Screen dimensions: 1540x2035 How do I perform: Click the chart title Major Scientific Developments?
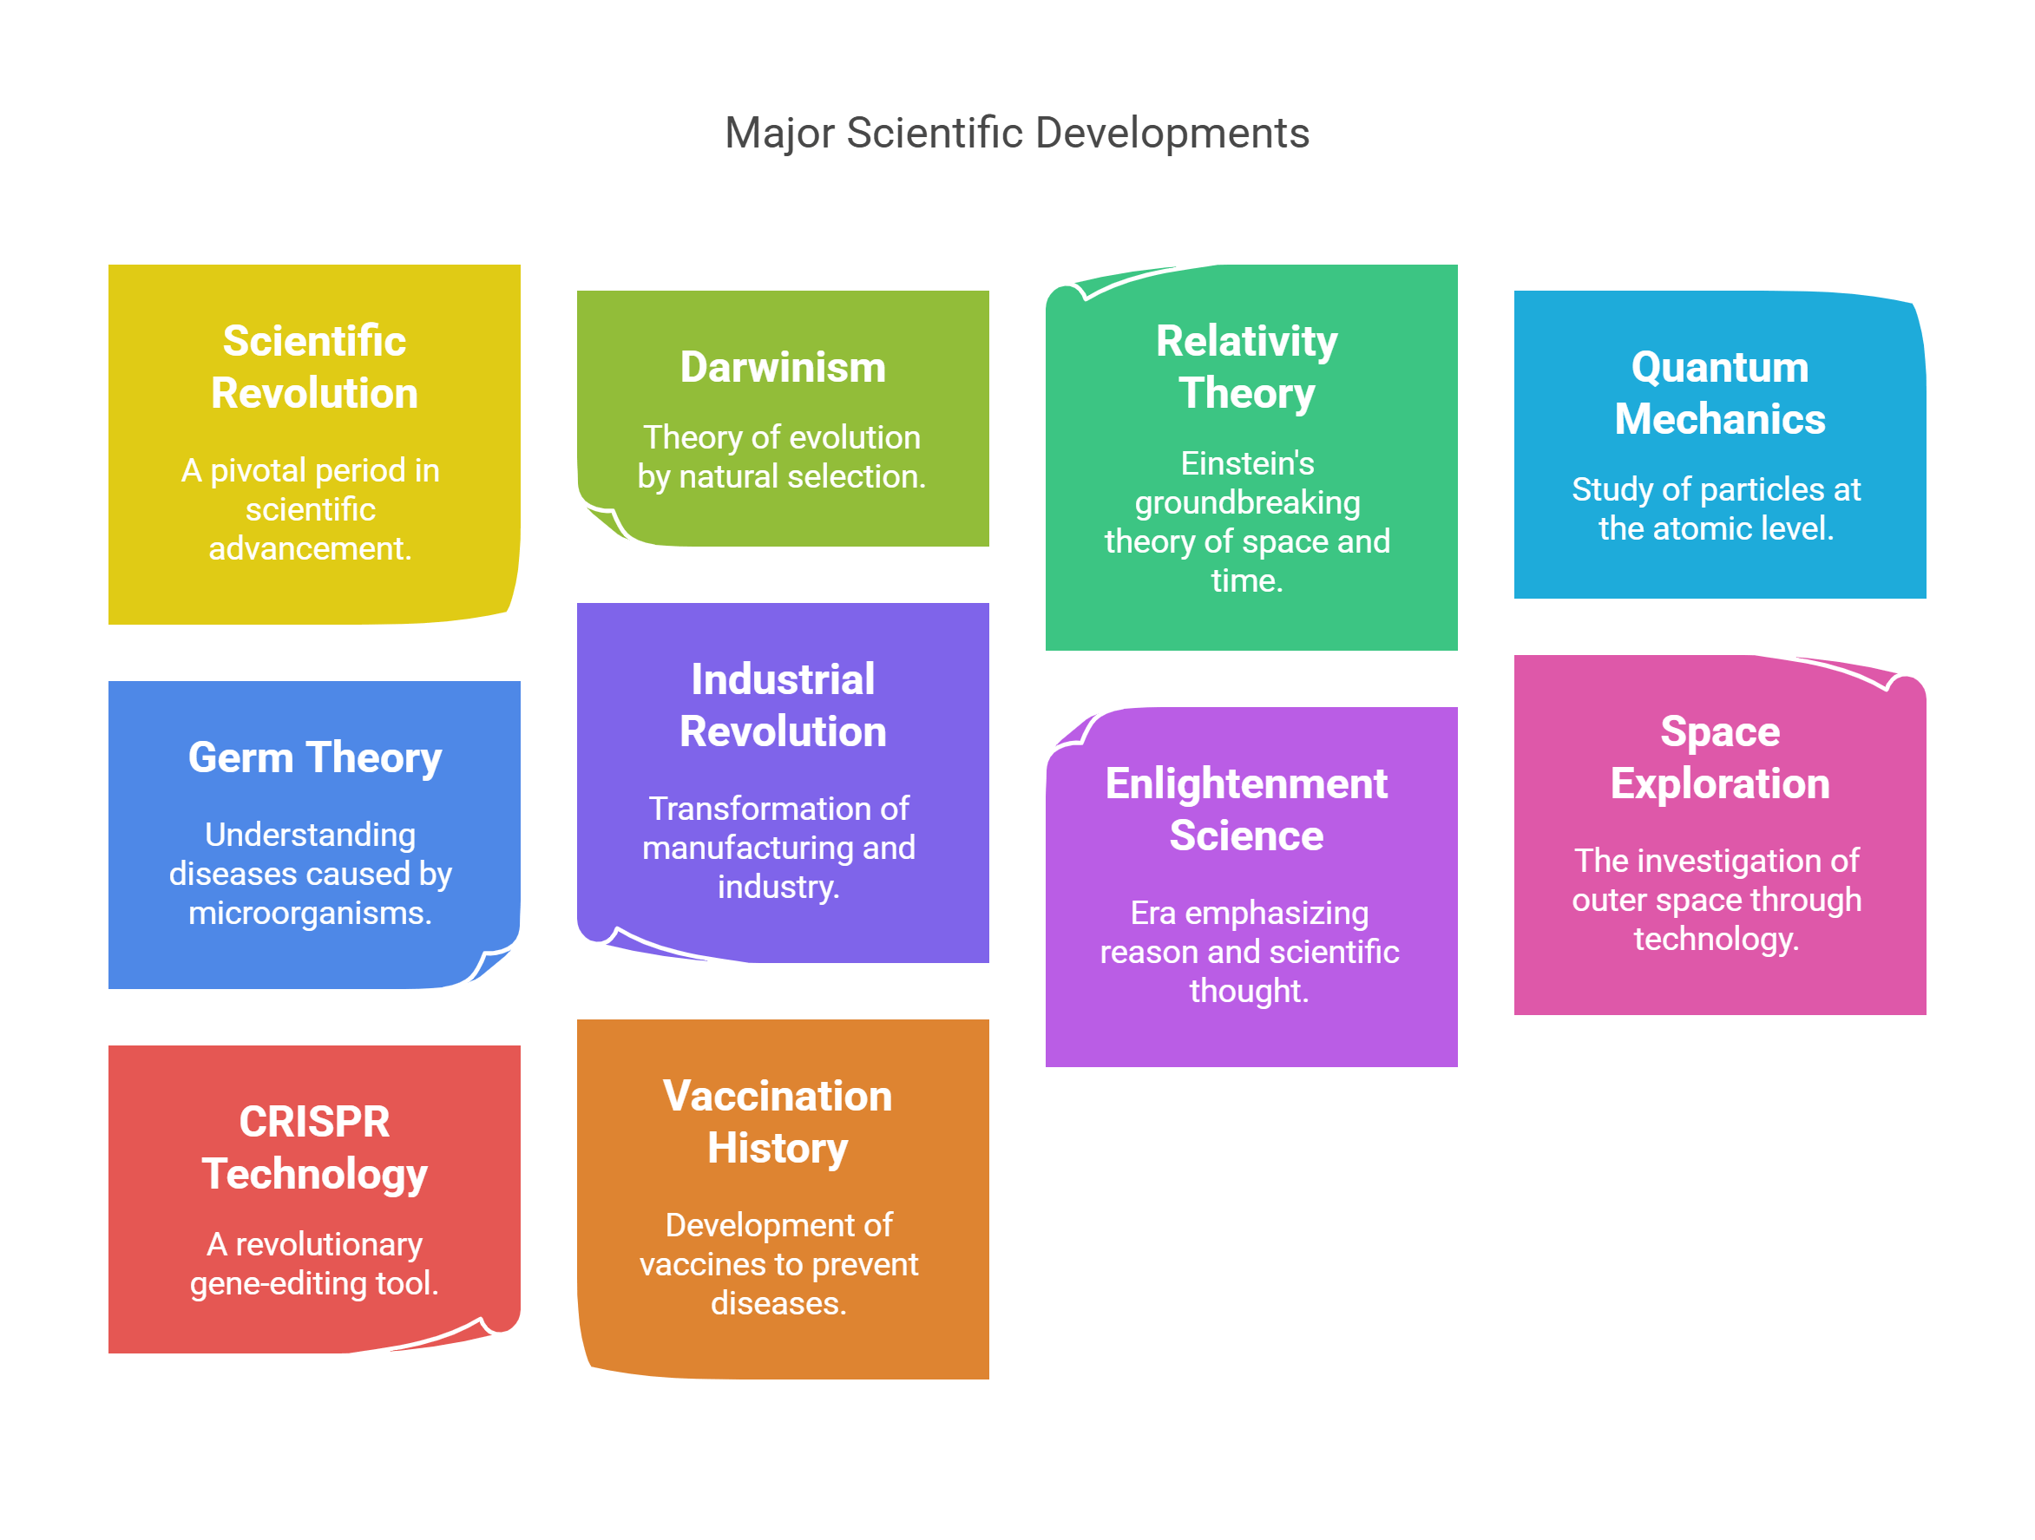pos(1016,134)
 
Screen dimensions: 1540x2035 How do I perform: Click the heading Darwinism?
pos(783,367)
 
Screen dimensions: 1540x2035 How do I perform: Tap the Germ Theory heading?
pos(315,758)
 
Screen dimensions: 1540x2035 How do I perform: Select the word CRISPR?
pos(315,1122)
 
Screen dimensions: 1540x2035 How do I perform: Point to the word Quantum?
pos(1719,367)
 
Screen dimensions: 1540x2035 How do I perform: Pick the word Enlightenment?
pos(1245,783)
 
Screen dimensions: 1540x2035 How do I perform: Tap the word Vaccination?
pos(778,1096)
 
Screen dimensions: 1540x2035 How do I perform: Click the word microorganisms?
pos(309,914)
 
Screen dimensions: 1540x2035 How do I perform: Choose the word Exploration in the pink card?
pos(1719,783)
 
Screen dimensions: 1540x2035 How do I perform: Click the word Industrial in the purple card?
pos(783,680)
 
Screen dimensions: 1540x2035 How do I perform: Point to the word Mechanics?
pos(1719,420)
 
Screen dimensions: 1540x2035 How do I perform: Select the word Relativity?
pos(1246,341)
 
